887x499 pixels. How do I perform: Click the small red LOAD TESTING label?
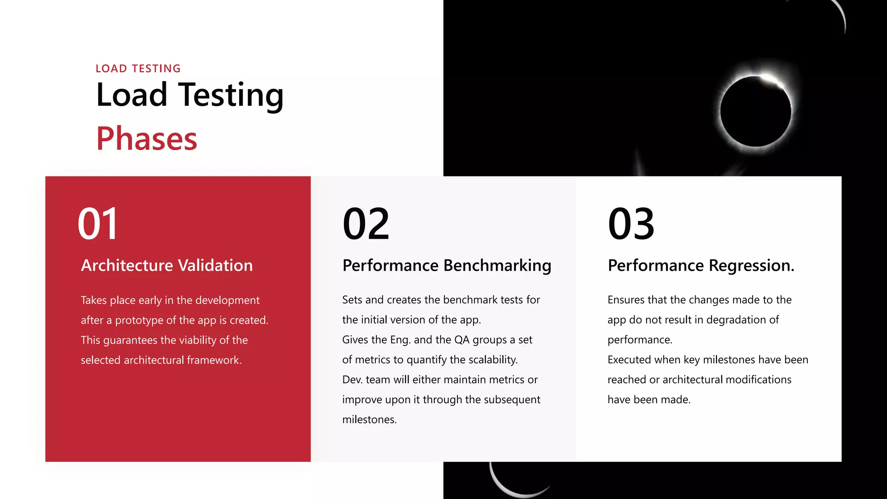tap(138, 68)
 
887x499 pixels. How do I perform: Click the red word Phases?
tap(146, 139)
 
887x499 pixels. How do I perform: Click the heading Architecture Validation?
tap(167, 265)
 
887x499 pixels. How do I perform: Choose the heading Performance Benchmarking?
tap(447, 265)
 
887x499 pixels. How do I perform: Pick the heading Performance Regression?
tap(701, 265)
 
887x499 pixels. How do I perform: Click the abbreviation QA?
tap(462, 340)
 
